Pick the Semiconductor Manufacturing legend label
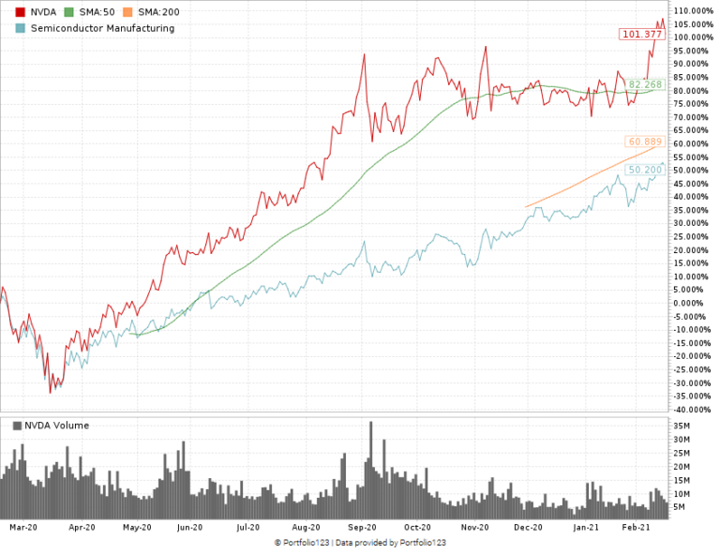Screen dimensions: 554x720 (x=102, y=28)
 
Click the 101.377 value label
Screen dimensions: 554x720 (x=642, y=35)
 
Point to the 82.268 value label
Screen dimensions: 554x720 (x=646, y=84)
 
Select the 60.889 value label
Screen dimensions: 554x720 (x=646, y=142)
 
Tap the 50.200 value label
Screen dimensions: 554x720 (x=646, y=170)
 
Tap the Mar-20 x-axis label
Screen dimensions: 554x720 (x=22, y=528)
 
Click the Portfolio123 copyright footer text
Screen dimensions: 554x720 (x=360, y=543)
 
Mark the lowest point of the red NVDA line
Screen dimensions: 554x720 (x=50, y=392)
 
